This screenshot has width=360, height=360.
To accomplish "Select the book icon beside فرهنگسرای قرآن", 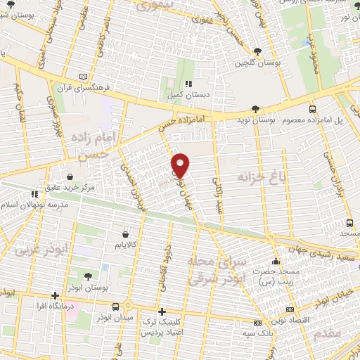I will (x=85, y=76).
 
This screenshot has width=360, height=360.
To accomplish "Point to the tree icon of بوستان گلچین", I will (x=257, y=51).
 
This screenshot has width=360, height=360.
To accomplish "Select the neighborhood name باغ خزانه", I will (x=264, y=174).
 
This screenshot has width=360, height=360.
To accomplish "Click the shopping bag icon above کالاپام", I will (x=125, y=233).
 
